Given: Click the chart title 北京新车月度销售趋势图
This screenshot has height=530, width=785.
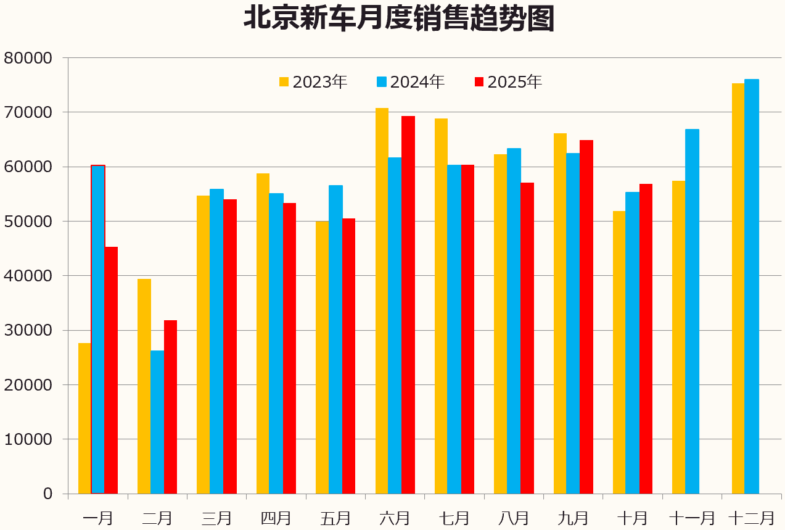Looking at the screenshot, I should tap(399, 19).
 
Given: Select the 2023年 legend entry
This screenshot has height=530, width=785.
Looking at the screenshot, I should tap(313, 82).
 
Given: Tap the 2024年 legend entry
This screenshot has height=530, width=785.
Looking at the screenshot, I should tap(411, 82).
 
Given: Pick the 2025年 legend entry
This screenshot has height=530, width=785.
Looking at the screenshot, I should tap(508, 82).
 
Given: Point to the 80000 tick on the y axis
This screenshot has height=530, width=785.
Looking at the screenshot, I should tap(30, 58).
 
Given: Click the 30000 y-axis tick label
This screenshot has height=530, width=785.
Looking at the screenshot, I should tap(30, 330).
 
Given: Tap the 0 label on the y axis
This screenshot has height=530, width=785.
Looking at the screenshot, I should tap(47, 494).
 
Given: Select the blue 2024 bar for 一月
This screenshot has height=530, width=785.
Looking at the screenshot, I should tap(98, 329).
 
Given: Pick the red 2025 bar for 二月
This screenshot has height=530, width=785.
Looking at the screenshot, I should tap(170, 407).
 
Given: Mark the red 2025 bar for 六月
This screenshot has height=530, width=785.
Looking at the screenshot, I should tap(408, 305).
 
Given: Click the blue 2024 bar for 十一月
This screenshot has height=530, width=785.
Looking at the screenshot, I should tap(692, 312).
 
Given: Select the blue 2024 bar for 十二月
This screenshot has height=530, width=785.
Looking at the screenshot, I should tap(752, 286).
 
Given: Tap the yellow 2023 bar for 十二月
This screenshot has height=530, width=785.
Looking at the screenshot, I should tap(738, 289).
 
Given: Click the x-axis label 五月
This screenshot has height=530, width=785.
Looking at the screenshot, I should tap(335, 517).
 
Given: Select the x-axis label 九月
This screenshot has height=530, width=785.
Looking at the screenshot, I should tap(573, 517).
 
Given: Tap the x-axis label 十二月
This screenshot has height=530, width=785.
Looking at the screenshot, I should tap(751, 517).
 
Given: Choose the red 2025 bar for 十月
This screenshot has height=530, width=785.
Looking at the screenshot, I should tap(646, 339).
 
